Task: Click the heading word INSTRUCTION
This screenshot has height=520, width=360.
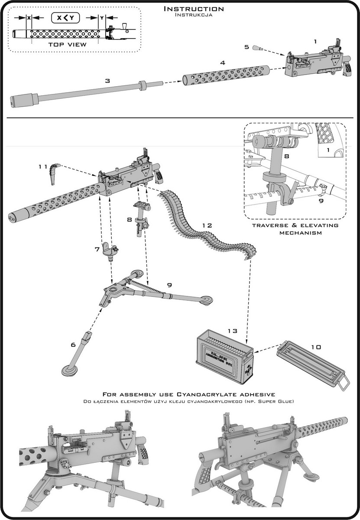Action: (194, 9)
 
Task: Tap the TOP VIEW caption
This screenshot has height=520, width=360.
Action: (67, 45)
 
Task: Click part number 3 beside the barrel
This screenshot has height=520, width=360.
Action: (107, 81)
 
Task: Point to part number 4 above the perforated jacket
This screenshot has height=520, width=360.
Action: (222, 63)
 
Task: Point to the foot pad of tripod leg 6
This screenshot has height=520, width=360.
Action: (69, 371)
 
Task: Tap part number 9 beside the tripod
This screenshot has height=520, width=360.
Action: (169, 285)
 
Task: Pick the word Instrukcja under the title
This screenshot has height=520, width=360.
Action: (193, 15)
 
